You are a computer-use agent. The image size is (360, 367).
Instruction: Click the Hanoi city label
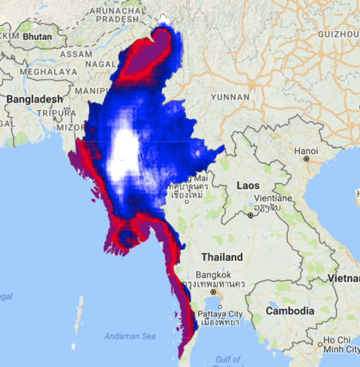click(305, 151)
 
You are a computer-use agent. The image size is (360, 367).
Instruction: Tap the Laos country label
click(248, 185)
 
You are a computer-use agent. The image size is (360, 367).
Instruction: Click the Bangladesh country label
click(35, 99)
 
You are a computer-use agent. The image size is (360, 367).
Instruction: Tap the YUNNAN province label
click(230, 97)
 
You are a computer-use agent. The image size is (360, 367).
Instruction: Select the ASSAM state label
click(76, 54)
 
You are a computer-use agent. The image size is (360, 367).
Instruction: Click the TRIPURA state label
click(55, 113)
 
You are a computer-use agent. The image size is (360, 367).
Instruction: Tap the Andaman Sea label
click(129, 336)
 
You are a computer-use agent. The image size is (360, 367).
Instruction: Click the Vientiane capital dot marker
click(250, 215)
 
